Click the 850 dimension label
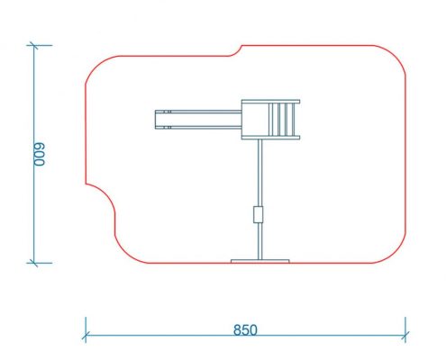coord(245,330)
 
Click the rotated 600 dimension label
coord(39,154)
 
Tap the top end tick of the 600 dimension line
coord(33,45)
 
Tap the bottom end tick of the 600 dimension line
coord(33,263)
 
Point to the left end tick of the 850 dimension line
coord(86,335)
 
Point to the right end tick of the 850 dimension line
coord(405,335)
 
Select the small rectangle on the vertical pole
coord(258,214)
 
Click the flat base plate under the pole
coord(260,261)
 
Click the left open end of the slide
coord(156,120)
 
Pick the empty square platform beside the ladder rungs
coord(255,120)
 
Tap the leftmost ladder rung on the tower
coord(270,120)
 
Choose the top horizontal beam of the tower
coord(270,102)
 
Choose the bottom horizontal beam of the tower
coord(270,138)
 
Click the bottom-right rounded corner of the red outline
coord(396,254)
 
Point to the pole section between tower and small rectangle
coord(260,173)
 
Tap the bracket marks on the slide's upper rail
coord(168,112)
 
